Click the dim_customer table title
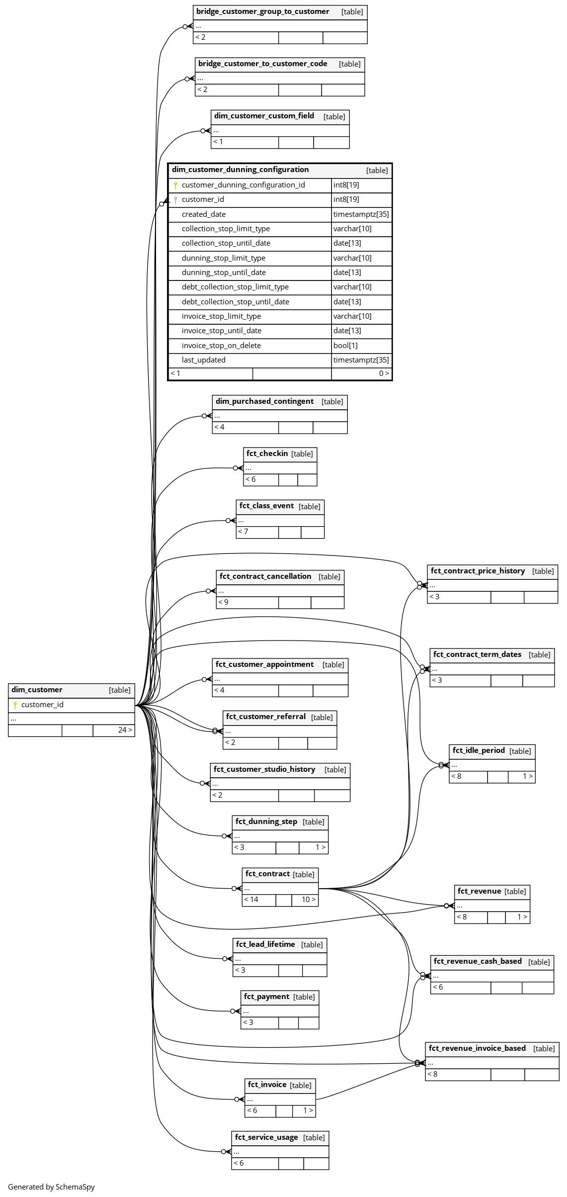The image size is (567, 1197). pos(37,690)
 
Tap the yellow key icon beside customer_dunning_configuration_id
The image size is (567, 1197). pos(175,185)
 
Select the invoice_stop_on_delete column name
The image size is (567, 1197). pos(221,346)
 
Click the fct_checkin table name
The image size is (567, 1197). pos(267,454)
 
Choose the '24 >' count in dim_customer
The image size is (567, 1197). pos(125,730)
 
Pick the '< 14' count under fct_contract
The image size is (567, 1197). pos(251,900)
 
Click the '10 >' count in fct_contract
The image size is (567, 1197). pos(309,900)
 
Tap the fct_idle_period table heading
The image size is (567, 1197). pos(479,750)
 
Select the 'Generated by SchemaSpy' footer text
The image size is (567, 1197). pos(51,1187)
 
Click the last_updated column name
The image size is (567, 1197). pos(204,360)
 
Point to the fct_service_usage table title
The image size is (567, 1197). pos(266,1137)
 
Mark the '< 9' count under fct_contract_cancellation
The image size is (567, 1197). pos(223,602)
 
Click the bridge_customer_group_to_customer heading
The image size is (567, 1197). pos(263,11)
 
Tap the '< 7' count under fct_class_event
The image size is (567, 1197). pos(243,532)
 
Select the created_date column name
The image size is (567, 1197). pos(204,214)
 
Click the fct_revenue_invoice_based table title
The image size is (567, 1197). pos(477,1048)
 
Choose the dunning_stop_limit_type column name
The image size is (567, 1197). pos(224,258)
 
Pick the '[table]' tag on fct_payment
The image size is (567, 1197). pos(304,997)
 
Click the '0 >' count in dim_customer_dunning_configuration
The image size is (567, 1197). pos(384,373)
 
